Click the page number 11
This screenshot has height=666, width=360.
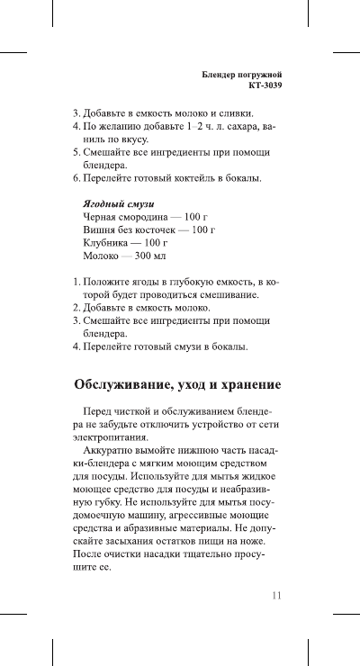[x=277, y=594]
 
